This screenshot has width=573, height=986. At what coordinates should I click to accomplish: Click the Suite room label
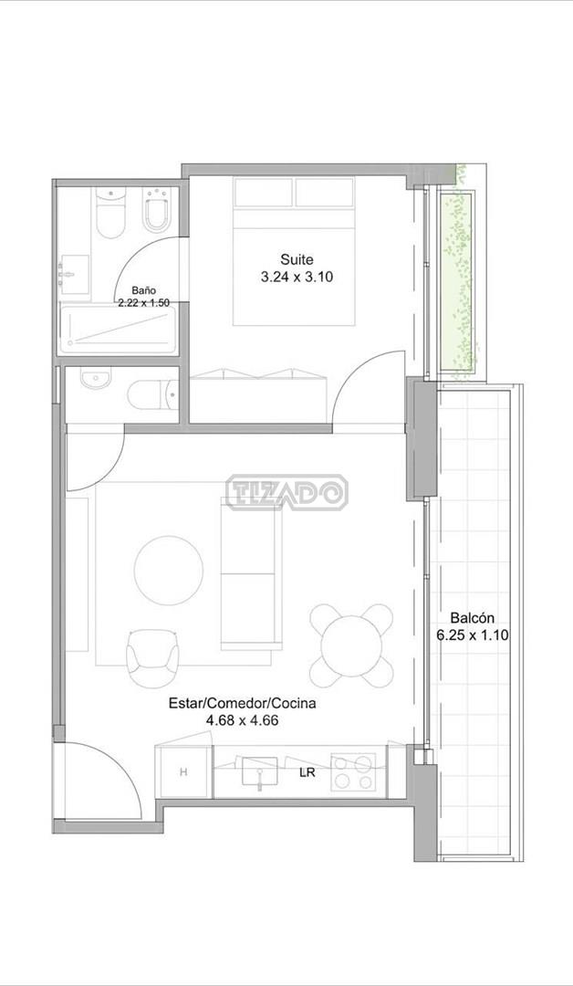click(x=297, y=259)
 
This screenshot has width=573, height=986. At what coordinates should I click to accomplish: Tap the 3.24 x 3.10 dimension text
click(x=297, y=276)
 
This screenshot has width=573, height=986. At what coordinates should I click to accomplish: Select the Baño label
click(x=143, y=290)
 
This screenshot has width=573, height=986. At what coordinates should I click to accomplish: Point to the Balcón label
click(x=473, y=617)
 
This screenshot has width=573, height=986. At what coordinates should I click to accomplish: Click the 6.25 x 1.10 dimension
click(x=473, y=635)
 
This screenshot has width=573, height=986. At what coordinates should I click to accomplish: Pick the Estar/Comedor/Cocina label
click(x=243, y=704)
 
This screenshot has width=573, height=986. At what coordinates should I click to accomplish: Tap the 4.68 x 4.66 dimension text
click(x=243, y=720)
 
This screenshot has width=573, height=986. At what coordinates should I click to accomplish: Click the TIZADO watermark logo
click(x=286, y=492)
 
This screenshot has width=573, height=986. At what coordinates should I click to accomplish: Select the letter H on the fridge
click(x=183, y=772)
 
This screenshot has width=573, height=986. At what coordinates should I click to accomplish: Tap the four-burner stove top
click(x=353, y=771)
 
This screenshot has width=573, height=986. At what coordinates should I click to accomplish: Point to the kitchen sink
click(x=259, y=771)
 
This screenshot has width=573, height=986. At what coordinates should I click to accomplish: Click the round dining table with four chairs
click(x=351, y=645)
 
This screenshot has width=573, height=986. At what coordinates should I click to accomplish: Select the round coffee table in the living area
click(x=169, y=571)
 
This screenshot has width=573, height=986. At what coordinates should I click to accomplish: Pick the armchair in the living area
click(x=154, y=658)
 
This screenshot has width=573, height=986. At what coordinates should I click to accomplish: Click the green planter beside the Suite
click(x=457, y=280)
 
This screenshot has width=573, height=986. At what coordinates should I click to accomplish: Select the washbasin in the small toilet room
click(x=96, y=379)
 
